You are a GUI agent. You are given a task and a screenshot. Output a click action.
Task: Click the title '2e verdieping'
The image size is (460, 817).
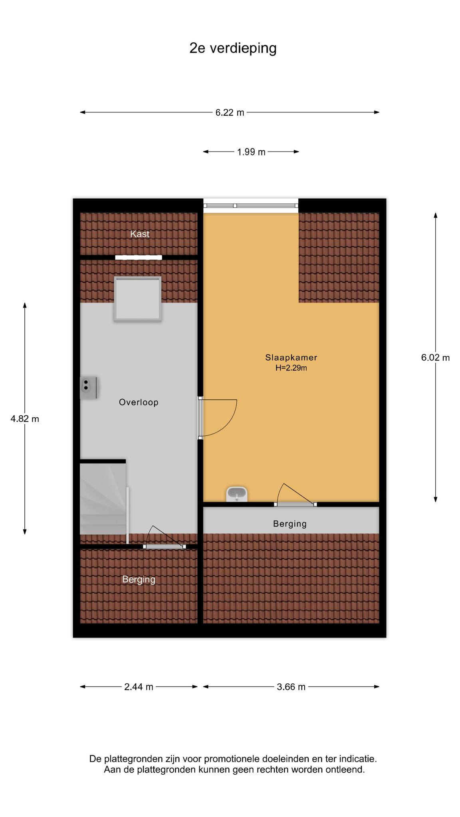(x=233, y=48)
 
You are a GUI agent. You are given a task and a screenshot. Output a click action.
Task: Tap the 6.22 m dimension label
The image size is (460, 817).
(x=230, y=112)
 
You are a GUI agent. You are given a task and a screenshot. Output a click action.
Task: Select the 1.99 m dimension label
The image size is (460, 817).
(x=251, y=152)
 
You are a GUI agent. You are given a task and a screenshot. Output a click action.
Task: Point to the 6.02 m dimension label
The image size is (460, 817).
(x=435, y=357)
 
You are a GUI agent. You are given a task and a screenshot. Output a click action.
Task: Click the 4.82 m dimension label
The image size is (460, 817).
(x=25, y=419)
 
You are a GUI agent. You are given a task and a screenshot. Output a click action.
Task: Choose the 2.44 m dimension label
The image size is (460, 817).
(x=139, y=687)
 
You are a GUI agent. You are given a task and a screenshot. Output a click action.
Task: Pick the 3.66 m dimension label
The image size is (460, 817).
(x=291, y=687)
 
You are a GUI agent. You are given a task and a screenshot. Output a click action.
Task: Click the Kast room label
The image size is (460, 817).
(x=140, y=234)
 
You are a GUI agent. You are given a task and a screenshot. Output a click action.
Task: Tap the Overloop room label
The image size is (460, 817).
(x=139, y=402)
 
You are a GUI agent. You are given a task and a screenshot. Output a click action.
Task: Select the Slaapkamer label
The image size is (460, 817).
(x=291, y=357)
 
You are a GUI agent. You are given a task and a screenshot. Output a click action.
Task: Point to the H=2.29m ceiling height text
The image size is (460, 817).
(x=291, y=368)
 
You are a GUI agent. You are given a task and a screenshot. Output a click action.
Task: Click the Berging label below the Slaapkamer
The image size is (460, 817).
(x=290, y=524)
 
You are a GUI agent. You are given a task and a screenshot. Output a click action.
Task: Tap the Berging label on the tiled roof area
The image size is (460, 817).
(x=139, y=579)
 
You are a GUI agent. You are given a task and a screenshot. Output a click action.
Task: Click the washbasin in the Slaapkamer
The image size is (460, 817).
(x=237, y=494)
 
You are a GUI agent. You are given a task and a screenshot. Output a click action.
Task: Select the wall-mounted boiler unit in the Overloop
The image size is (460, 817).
(x=89, y=388)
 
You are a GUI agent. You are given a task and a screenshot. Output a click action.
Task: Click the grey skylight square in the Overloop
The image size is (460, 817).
(x=137, y=299)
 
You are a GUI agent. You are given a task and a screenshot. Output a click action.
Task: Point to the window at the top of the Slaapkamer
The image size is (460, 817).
(x=251, y=205)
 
